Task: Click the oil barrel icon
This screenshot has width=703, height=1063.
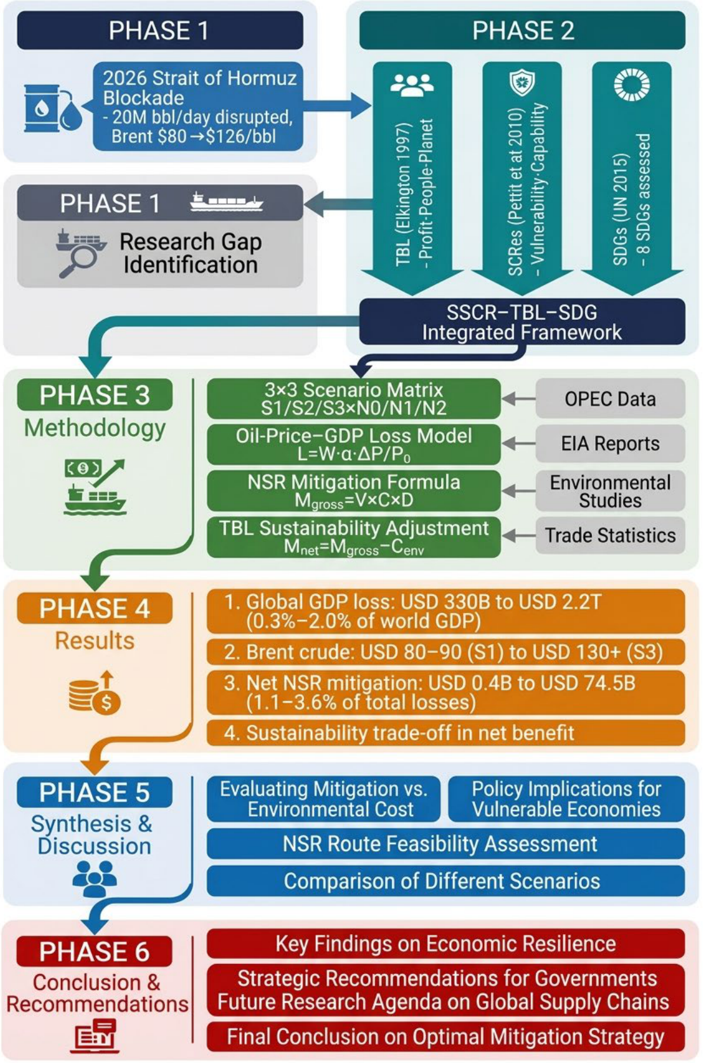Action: (x=53, y=109)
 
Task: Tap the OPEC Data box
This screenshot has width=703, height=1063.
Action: (x=610, y=399)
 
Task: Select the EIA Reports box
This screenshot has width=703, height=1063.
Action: (x=610, y=444)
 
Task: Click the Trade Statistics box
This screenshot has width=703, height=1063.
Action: (x=610, y=535)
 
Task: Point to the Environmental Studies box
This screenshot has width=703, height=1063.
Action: (x=610, y=491)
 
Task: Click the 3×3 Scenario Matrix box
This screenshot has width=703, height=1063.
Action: (x=354, y=399)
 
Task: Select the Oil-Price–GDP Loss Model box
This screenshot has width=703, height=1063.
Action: (x=354, y=444)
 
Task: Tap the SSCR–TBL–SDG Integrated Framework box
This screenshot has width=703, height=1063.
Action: (x=522, y=322)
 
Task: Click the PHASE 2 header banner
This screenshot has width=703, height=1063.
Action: (x=522, y=30)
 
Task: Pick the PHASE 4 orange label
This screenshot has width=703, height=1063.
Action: (x=95, y=608)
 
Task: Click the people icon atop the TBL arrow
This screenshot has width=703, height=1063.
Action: (x=412, y=85)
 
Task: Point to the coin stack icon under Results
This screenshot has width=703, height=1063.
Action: (x=95, y=693)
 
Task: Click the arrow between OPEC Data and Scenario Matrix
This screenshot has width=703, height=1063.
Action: (x=518, y=399)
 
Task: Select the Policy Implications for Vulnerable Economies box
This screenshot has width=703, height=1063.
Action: (x=567, y=799)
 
